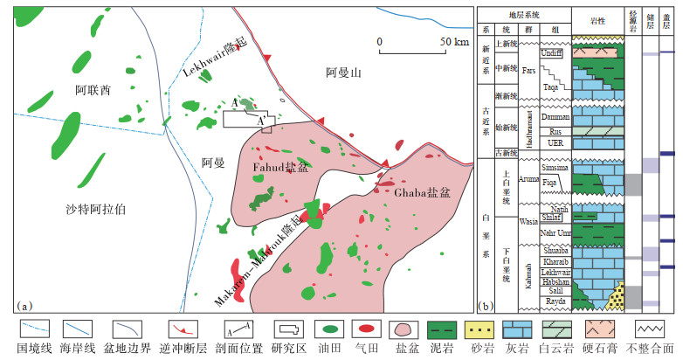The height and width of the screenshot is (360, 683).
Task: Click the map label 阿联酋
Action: (x=93, y=89)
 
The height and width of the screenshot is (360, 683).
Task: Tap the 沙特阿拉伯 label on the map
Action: (x=96, y=209)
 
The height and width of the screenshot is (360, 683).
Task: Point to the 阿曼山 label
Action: (x=342, y=73)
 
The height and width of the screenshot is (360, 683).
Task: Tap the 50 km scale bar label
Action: (x=454, y=41)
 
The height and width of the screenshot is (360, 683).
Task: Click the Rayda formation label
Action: (x=555, y=301)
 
